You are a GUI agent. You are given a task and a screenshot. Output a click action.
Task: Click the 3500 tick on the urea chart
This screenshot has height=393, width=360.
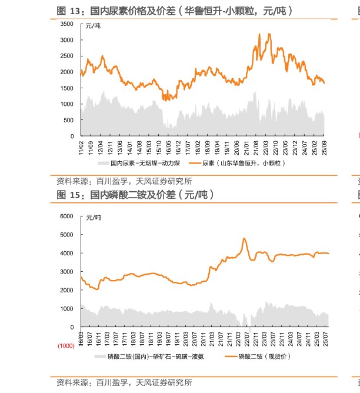click(66, 24)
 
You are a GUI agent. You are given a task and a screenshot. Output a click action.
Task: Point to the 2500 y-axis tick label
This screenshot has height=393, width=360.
click(66, 56)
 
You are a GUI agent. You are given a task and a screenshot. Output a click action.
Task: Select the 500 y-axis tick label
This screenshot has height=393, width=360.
click(68, 120)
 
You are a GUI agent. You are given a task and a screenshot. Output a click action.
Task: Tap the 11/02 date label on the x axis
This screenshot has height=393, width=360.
click(81, 146)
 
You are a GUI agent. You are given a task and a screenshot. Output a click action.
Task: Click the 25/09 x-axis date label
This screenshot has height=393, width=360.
click(324, 146)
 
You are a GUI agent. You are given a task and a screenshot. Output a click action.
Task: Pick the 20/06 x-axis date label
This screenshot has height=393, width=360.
click(236, 146)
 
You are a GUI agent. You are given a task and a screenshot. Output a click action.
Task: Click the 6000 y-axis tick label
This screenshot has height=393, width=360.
click(66, 216)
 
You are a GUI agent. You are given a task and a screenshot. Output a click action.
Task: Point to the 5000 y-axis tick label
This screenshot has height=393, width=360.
click(66, 235)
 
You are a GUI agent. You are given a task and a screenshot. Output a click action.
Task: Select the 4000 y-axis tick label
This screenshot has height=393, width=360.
click(66, 253)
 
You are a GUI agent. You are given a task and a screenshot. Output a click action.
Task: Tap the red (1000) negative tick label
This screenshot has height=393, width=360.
click(66, 346)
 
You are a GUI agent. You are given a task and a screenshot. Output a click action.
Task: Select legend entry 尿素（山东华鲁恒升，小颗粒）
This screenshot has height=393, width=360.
click(244, 163)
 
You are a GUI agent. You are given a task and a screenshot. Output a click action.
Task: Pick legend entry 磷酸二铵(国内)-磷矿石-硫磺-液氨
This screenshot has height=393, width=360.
click(151, 357)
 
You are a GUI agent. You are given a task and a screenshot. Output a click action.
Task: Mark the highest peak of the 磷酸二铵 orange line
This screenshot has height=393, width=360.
click(244, 238)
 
